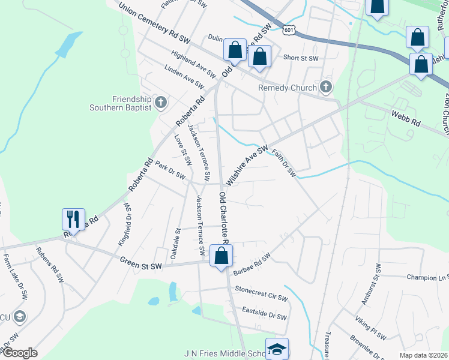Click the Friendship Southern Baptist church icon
(x=160, y=103)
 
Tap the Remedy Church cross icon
(x=325, y=88)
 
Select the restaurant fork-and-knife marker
(x=74, y=219)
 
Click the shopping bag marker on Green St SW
(x=221, y=256)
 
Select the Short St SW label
(x=301, y=58)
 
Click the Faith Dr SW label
(x=284, y=163)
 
